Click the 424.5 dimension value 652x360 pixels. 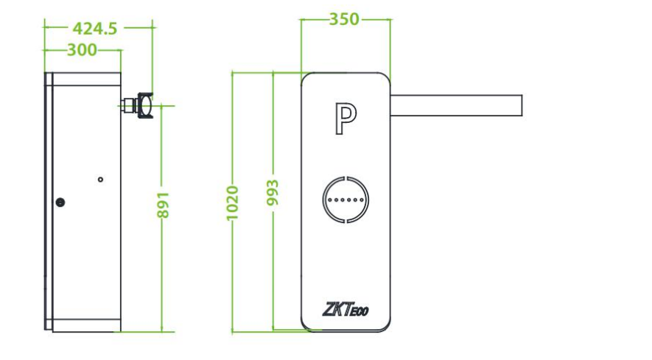[95, 28]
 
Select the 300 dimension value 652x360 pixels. [82, 50]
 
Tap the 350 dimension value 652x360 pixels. [344, 19]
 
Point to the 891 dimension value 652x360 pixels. [164, 205]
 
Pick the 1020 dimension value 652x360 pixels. [233, 203]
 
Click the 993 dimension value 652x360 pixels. [273, 192]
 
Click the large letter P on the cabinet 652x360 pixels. [346, 119]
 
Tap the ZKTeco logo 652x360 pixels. [345, 309]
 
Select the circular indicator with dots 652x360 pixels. [346, 200]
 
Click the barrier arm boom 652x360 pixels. [456, 105]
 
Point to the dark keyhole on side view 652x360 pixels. [60, 202]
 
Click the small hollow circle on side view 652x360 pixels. [100, 180]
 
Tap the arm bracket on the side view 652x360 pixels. [145, 105]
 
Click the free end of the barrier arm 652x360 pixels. [522, 105]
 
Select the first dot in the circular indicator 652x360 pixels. [329, 200]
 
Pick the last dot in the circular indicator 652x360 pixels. [362, 200]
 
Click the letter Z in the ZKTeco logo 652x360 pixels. [327, 309]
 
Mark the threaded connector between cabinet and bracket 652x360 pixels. [129, 105]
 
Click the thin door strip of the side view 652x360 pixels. [49, 202]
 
